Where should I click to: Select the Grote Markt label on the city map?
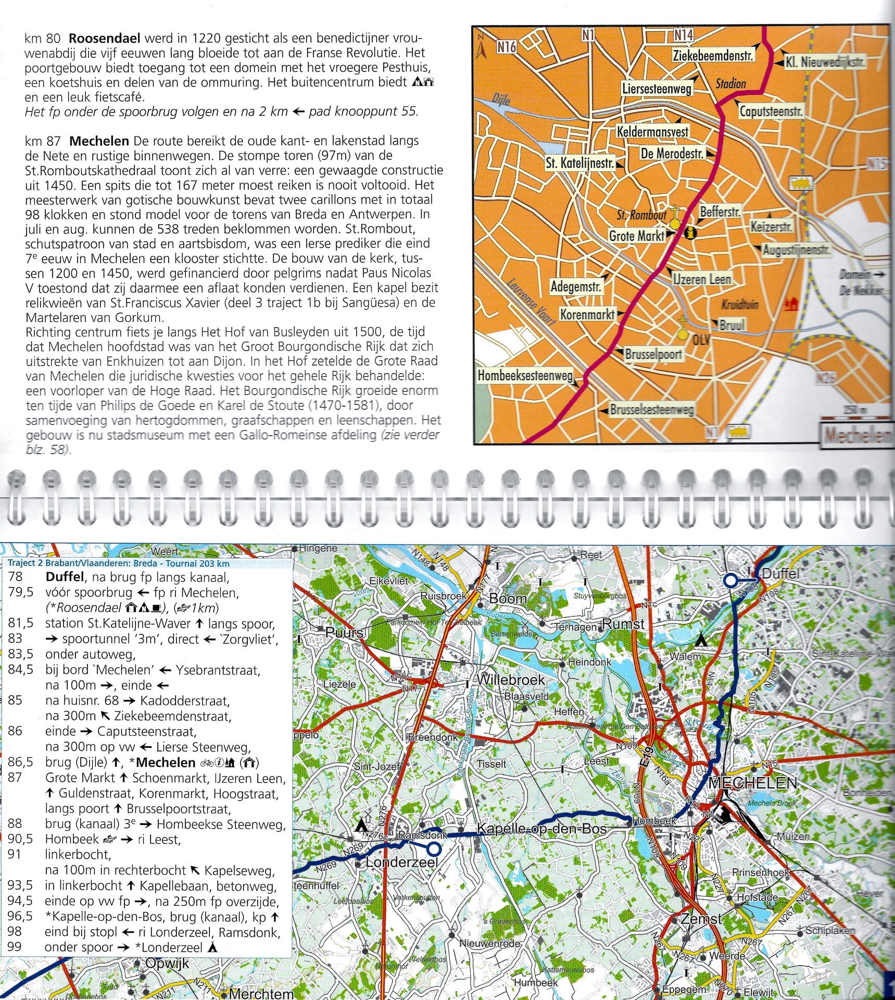coord(637,236)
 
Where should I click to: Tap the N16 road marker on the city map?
coord(506,47)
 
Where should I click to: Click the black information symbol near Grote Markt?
coord(691,233)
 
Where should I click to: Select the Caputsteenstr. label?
coord(771,111)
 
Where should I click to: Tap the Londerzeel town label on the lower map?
coord(401,862)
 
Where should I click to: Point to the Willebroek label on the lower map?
coord(511,680)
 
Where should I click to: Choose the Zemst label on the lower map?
coord(701,919)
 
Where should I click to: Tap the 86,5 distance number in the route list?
coord(20,762)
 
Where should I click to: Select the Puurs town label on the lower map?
coord(344,633)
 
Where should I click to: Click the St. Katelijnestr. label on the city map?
coord(579,163)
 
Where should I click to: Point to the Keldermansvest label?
coord(652,132)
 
